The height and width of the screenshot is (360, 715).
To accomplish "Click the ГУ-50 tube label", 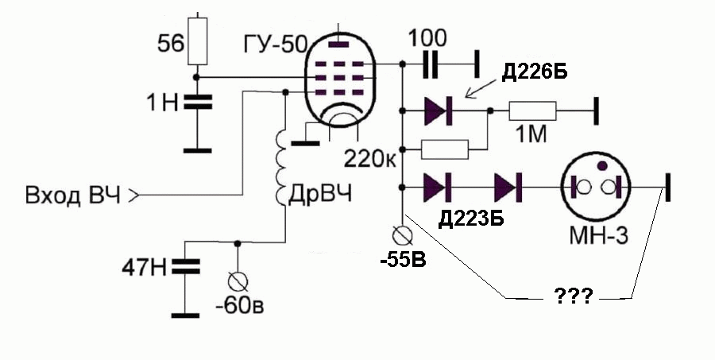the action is pyautogui.click(x=276, y=45).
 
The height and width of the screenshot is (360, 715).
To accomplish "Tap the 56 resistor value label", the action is pyautogui.click(x=171, y=44).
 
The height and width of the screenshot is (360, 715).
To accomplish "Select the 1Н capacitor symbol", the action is pyautogui.click(x=198, y=103).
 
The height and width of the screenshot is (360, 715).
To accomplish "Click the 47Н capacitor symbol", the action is pyautogui.click(x=186, y=266).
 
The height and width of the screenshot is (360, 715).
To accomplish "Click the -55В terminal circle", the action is pyautogui.click(x=403, y=235).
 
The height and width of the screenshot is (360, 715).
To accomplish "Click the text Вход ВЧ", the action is pyautogui.click(x=73, y=195).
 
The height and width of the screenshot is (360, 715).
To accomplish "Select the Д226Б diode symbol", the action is pyautogui.click(x=438, y=111).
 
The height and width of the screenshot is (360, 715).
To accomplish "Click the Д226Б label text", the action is pyautogui.click(x=535, y=72).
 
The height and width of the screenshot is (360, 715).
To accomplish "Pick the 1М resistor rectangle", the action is pyautogui.click(x=532, y=111).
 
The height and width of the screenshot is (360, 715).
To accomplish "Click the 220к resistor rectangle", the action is pyautogui.click(x=444, y=149).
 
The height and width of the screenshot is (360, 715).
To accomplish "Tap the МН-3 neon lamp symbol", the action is pyautogui.click(x=595, y=188).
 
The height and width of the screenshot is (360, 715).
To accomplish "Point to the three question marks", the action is pyautogui.click(x=573, y=296).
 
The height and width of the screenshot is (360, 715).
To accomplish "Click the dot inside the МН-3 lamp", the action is pyautogui.click(x=602, y=165).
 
